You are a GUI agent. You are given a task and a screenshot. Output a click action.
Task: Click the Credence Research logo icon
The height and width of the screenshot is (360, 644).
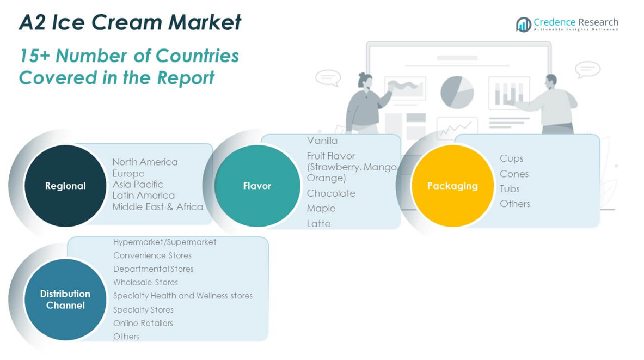point(523,25)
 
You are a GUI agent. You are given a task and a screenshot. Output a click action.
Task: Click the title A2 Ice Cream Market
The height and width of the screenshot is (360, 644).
point(130,22)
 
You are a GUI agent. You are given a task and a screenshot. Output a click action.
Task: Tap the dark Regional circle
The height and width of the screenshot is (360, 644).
point(65,186)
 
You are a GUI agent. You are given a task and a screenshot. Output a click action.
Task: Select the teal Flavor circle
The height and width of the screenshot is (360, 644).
point(257,186)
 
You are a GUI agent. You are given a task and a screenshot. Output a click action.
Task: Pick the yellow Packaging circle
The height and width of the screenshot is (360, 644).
point(452,186)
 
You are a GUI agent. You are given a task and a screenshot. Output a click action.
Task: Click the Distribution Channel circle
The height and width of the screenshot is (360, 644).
point(65,299)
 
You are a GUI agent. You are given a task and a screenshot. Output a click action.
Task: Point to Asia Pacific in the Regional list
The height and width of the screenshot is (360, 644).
point(138,184)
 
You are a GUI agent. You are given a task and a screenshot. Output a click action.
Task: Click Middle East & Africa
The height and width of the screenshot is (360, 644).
point(157,206)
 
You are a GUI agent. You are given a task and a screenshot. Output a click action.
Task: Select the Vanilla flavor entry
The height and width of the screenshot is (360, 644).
point(322,141)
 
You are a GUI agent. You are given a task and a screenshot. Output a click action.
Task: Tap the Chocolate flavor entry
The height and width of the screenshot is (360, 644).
point(331,193)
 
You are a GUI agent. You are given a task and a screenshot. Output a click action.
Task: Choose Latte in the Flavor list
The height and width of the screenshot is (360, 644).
point(318,223)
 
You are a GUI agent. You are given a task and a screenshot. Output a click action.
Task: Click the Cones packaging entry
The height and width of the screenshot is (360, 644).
point(514,174)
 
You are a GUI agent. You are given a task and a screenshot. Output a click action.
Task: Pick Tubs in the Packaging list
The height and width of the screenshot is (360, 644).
point(510,188)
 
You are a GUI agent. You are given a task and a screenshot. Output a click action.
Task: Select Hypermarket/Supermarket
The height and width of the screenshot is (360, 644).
point(164,242)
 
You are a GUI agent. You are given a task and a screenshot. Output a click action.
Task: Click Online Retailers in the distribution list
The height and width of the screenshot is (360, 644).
point(143,323)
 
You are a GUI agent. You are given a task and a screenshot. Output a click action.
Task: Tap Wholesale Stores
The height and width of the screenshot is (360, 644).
point(145,282)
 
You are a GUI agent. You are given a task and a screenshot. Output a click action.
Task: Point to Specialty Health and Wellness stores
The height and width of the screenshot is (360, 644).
point(182,296)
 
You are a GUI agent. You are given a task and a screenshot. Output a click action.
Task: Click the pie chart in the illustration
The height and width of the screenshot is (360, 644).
point(457,91)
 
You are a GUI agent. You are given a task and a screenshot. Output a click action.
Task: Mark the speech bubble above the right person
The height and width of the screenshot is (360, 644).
point(587,70)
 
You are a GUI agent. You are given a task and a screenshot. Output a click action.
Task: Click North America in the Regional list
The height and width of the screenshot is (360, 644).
point(145,162)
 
